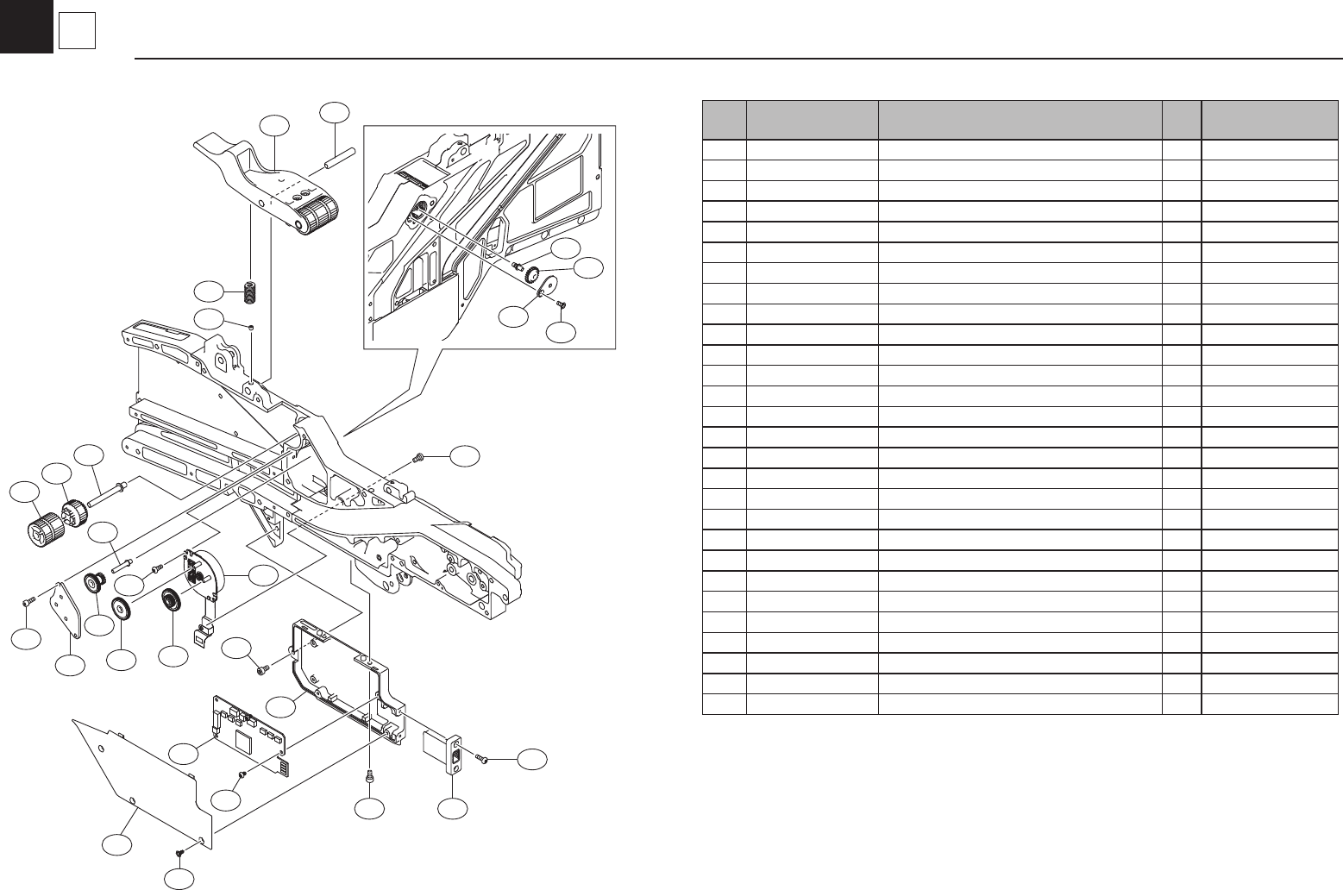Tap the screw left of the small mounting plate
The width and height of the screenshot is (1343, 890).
[28, 601]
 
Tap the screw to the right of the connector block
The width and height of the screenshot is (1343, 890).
[482, 759]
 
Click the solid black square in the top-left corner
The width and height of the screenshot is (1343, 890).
[26, 26]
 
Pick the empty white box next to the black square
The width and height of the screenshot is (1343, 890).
[76, 33]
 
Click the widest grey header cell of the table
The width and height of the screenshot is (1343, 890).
[1020, 119]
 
